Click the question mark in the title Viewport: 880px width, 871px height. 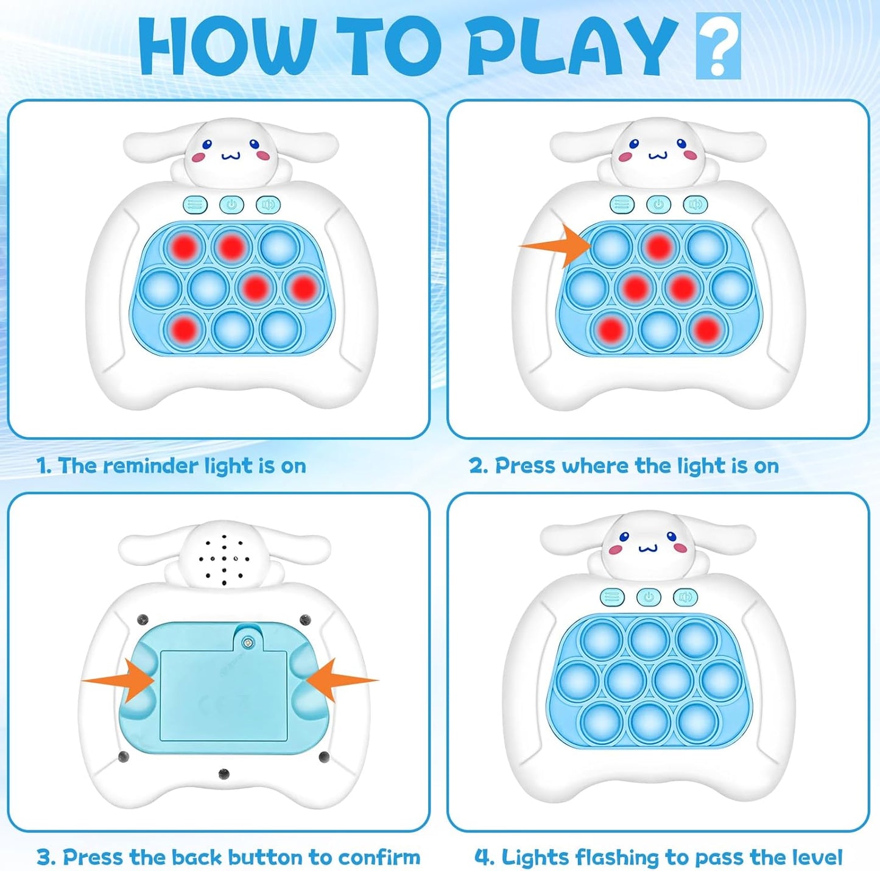(718, 46)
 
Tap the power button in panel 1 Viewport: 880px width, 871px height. (231, 205)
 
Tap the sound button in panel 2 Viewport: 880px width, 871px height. (695, 204)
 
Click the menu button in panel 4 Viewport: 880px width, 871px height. (612, 597)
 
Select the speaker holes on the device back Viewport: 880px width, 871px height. (224, 558)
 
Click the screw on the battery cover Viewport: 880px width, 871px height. (248, 643)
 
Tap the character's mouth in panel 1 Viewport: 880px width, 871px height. (231, 157)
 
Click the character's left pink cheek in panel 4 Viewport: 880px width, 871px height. (616, 550)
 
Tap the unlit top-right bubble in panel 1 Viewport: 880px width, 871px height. (280, 247)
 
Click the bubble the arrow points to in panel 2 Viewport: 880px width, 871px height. (611, 247)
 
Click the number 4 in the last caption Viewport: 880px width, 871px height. (483, 858)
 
